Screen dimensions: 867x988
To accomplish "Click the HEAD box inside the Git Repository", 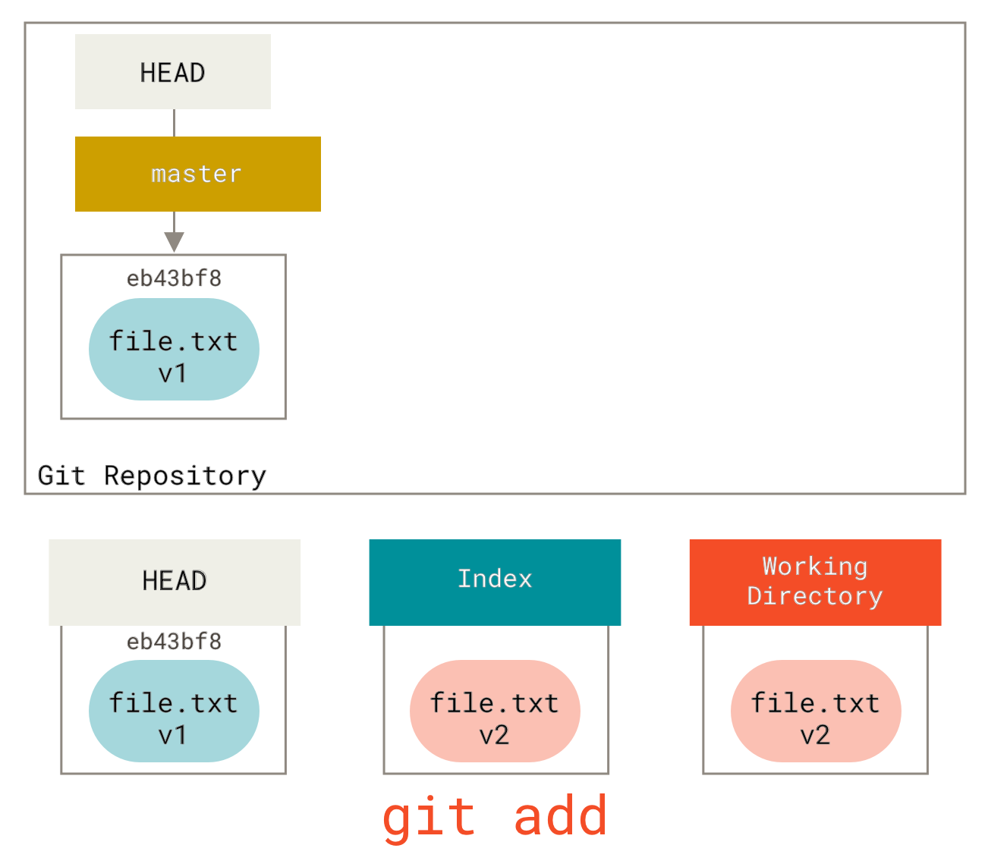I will pyautogui.click(x=172, y=72).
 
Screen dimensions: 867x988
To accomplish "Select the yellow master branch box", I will pyautogui.click(x=197, y=174).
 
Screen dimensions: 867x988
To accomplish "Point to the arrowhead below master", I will pyautogui.click(x=175, y=242).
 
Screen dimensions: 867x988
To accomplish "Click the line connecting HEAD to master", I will pyautogui.click(x=175, y=123).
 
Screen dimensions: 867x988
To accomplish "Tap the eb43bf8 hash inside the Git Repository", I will pyautogui.click(x=174, y=278).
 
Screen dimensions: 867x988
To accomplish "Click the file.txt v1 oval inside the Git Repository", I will pyautogui.click(x=174, y=349).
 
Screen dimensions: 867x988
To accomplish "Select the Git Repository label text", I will pyautogui.click(x=153, y=476).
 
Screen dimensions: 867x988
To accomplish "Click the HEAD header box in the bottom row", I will pyautogui.click(x=175, y=582).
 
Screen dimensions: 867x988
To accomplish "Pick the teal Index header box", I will pyautogui.click(x=495, y=582).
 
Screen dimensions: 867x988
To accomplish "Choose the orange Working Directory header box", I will pyautogui.click(x=815, y=582).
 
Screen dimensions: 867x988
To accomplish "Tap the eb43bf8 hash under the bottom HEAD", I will pyautogui.click(x=174, y=641).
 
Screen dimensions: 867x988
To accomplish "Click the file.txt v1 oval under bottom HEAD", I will pyautogui.click(x=174, y=711).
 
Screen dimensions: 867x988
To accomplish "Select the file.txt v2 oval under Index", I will pyautogui.click(x=495, y=711).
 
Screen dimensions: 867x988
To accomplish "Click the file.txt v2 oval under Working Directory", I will pyautogui.click(x=816, y=711).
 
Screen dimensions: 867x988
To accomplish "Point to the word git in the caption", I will pyautogui.click(x=429, y=818).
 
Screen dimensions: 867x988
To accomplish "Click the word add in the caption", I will pyautogui.click(x=561, y=816).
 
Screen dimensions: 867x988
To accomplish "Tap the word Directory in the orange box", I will pyautogui.click(x=815, y=596).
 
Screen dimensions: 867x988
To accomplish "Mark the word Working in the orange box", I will pyautogui.click(x=815, y=567).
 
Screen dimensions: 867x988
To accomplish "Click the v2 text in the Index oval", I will pyautogui.click(x=495, y=735).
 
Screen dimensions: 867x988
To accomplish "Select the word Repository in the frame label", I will pyautogui.click(x=186, y=476).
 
